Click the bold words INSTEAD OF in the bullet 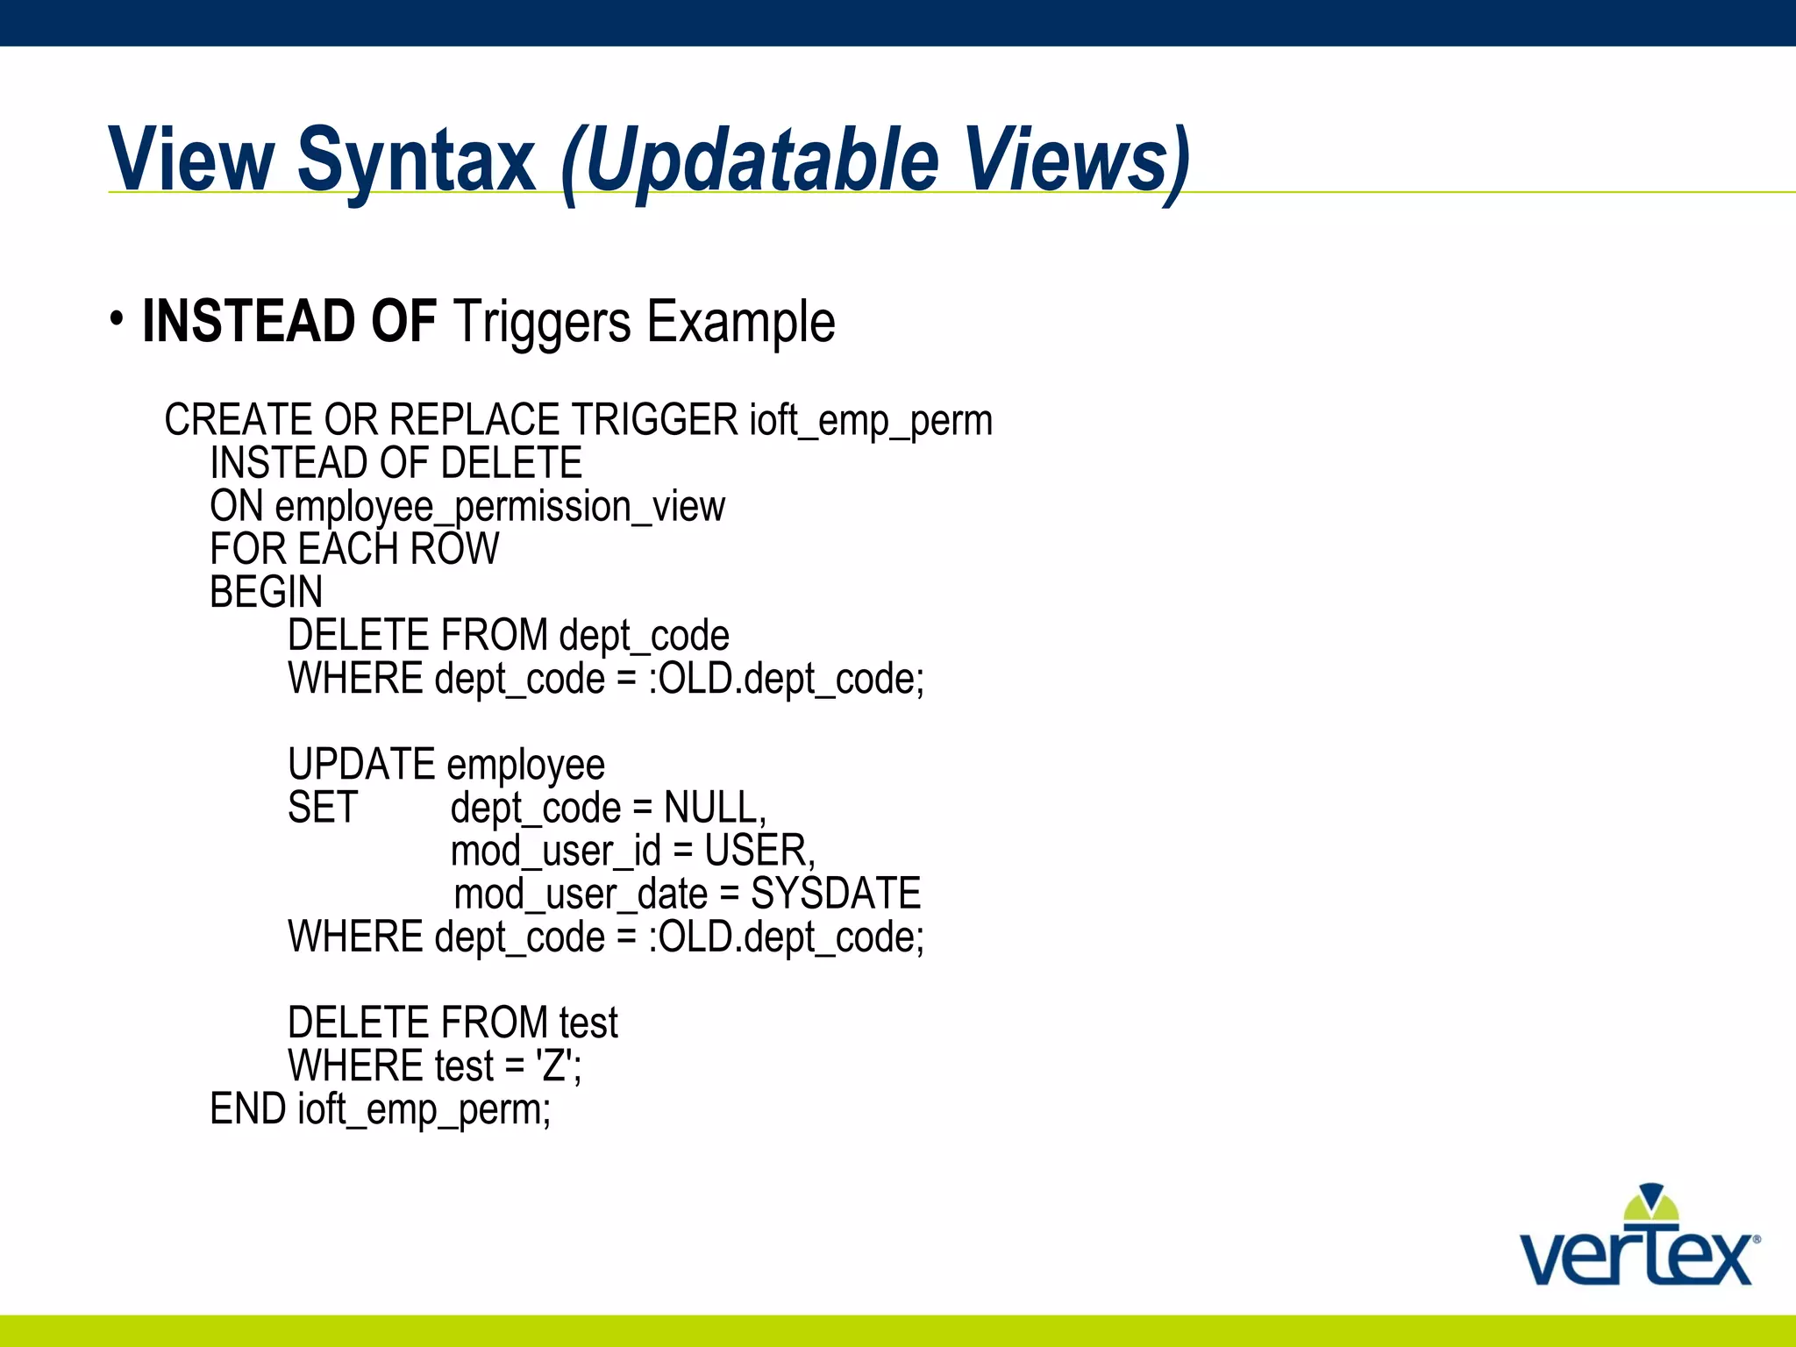289,321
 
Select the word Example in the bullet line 740,323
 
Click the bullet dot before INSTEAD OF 117,319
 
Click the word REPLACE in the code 474,419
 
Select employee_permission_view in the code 500,507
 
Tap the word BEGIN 267,592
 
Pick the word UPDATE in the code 361,765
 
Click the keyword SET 323,808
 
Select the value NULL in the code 714,808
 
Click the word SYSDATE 836,894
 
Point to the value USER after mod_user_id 759,851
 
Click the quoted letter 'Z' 554,1066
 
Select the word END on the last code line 248,1109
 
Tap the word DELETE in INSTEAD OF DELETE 511,463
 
